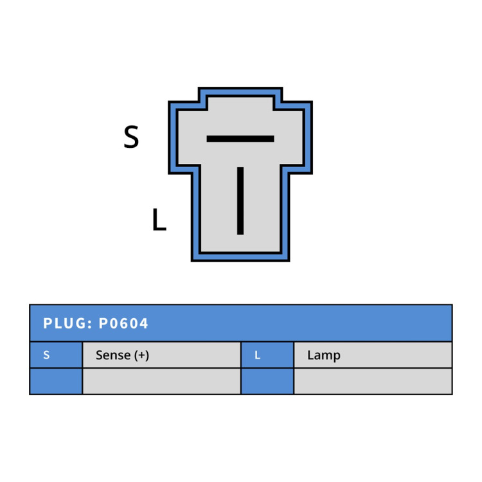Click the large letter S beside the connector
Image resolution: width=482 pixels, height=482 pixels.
point(131,137)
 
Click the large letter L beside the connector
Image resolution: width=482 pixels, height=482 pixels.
point(159,219)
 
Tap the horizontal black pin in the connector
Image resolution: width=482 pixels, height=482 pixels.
point(240,139)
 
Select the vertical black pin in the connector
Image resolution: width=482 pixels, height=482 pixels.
point(240,201)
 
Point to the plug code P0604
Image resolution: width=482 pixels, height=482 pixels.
point(123,323)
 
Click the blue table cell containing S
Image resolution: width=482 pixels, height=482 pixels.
point(57,355)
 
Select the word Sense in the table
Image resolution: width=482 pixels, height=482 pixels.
point(113,355)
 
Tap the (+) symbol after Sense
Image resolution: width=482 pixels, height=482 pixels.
point(142,355)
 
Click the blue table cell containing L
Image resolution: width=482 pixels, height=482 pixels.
point(267,355)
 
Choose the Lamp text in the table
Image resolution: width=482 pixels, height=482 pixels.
point(324,355)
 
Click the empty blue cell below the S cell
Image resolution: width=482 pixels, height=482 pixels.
point(57,381)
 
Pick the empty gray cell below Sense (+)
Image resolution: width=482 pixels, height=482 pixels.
point(162,381)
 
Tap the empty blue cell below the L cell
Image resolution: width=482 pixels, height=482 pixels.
point(267,381)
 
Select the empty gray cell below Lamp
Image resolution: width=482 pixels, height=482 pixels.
point(373,381)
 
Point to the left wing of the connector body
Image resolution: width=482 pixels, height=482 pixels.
point(184,138)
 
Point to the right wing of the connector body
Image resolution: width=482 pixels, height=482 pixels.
point(297,138)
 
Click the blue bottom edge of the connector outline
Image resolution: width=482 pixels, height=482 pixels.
point(240,257)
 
